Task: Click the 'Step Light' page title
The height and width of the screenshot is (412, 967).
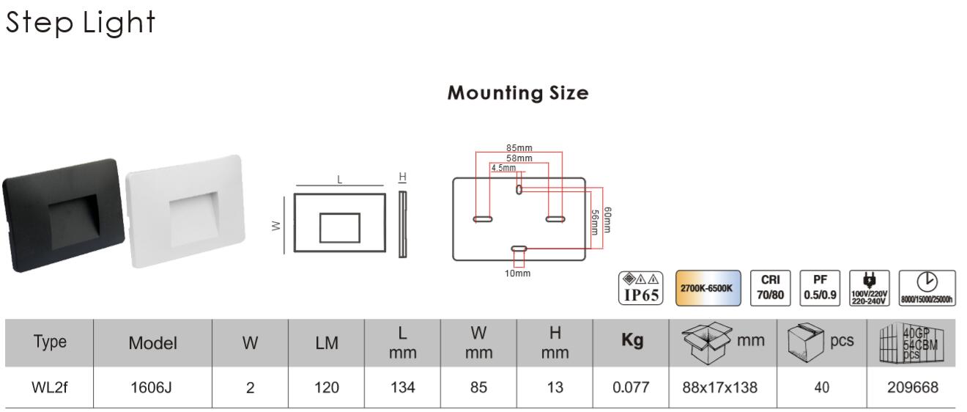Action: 81,22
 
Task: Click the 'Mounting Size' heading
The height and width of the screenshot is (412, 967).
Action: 518,93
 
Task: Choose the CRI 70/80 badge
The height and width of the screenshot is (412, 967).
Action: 769,288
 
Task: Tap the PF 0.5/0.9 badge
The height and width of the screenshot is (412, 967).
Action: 820,288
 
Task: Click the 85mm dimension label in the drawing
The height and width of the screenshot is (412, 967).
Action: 519,149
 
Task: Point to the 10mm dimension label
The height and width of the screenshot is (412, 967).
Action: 518,273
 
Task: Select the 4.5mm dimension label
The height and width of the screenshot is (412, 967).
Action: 503,167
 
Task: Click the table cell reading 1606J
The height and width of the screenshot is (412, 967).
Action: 151,388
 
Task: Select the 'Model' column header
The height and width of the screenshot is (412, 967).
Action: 152,342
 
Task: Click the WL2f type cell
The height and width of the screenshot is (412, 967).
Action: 49,388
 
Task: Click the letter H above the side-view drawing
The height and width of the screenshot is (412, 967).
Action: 402,177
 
